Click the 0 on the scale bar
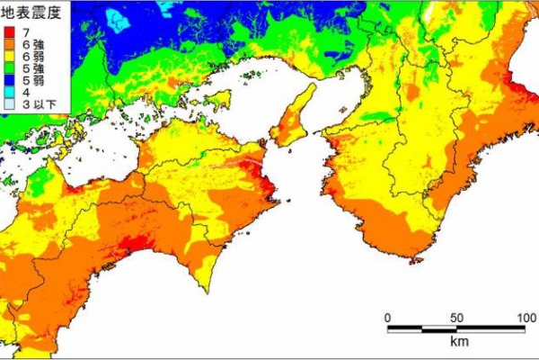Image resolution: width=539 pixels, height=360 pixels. (x=387, y=317)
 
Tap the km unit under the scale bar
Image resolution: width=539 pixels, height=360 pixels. (x=455, y=343)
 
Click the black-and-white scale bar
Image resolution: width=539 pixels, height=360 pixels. (x=455, y=328)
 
